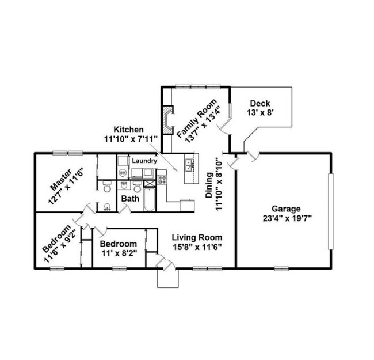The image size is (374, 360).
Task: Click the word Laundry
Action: [x=144, y=161]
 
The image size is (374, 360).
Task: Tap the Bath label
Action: [x=129, y=199]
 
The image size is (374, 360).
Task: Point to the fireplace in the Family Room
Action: [x=167, y=120]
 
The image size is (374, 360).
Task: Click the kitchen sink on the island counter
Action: [x=189, y=166]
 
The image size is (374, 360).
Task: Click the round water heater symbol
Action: [x=123, y=172]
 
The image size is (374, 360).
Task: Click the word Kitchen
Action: [x=128, y=129]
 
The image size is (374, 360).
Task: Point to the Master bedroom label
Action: [x=60, y=180]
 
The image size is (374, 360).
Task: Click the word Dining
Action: [x=209, y=186]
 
